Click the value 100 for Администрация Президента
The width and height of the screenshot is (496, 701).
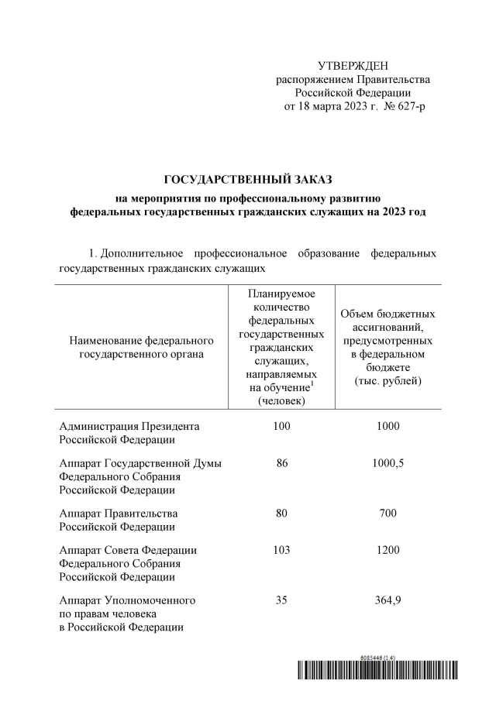(281, 426)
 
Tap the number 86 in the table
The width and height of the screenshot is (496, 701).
(281, 462)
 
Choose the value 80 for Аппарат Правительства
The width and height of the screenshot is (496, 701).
(281, 514)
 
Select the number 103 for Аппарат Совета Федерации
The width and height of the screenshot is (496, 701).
(281, 550)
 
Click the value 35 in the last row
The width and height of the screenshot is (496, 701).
(281, 600)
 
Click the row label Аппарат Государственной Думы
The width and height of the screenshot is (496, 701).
(140, 463)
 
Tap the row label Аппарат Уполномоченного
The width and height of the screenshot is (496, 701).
(126, 600)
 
